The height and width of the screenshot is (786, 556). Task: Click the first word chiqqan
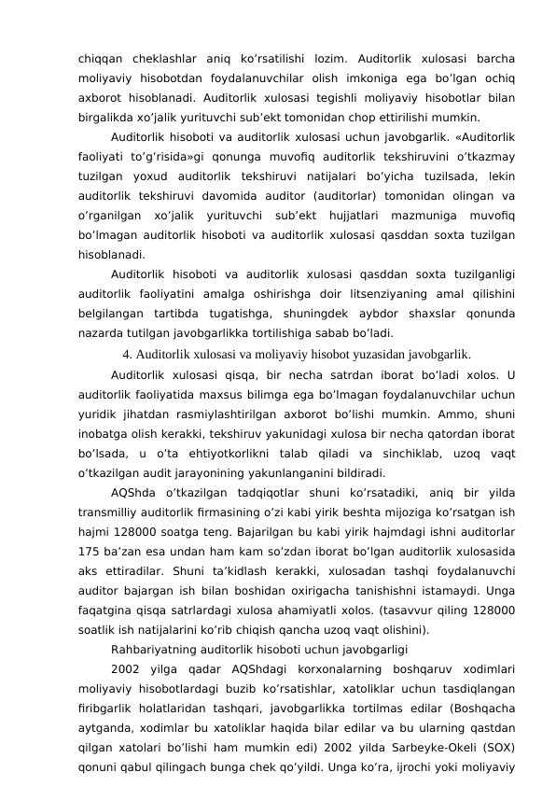coord(99,55)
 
